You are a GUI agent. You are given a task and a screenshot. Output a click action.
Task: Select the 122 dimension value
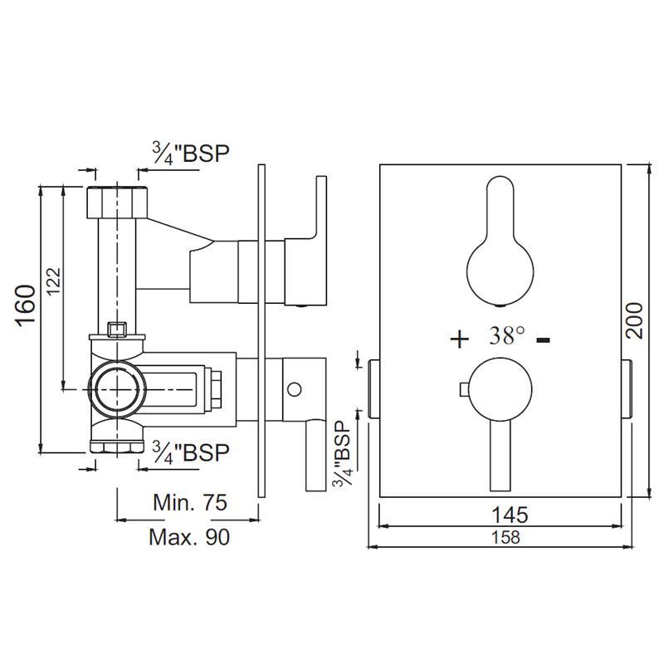pyautogui.click(x=54, y=281)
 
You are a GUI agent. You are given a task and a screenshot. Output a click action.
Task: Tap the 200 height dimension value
pyautogui.click(x=634, y=320)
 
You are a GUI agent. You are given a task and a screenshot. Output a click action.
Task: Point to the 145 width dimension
pyautogui.click(x=510, y=515)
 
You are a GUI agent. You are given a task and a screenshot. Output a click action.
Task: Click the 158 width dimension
pyautogui.click(x=505, y=537)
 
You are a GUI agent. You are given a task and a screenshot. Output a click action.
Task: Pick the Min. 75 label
pyautogui.click(x=190, y=503)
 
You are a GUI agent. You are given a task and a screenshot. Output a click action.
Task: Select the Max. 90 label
pyautogui.click(x=189, y=537)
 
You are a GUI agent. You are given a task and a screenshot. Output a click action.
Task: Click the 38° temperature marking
pyautogui.click(x=507, y=335)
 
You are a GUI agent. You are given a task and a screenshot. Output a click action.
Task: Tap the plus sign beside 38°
pyautogui.click(x=460, y=339)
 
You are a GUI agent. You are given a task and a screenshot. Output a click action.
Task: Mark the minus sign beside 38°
pyautogui.click(x=544, y=339)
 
